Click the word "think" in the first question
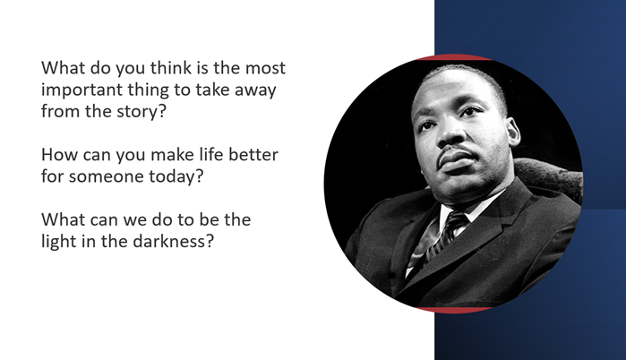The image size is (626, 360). coord(171,67)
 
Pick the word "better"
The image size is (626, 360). coord(253,154)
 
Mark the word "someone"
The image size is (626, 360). coord(106,176)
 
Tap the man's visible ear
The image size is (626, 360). coord(512,133)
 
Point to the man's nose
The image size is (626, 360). coord(450,135)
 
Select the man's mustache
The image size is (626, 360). coord(455,151)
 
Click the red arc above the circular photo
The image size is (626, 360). coord(453,56)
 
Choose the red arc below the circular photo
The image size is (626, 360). coord(453,310)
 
